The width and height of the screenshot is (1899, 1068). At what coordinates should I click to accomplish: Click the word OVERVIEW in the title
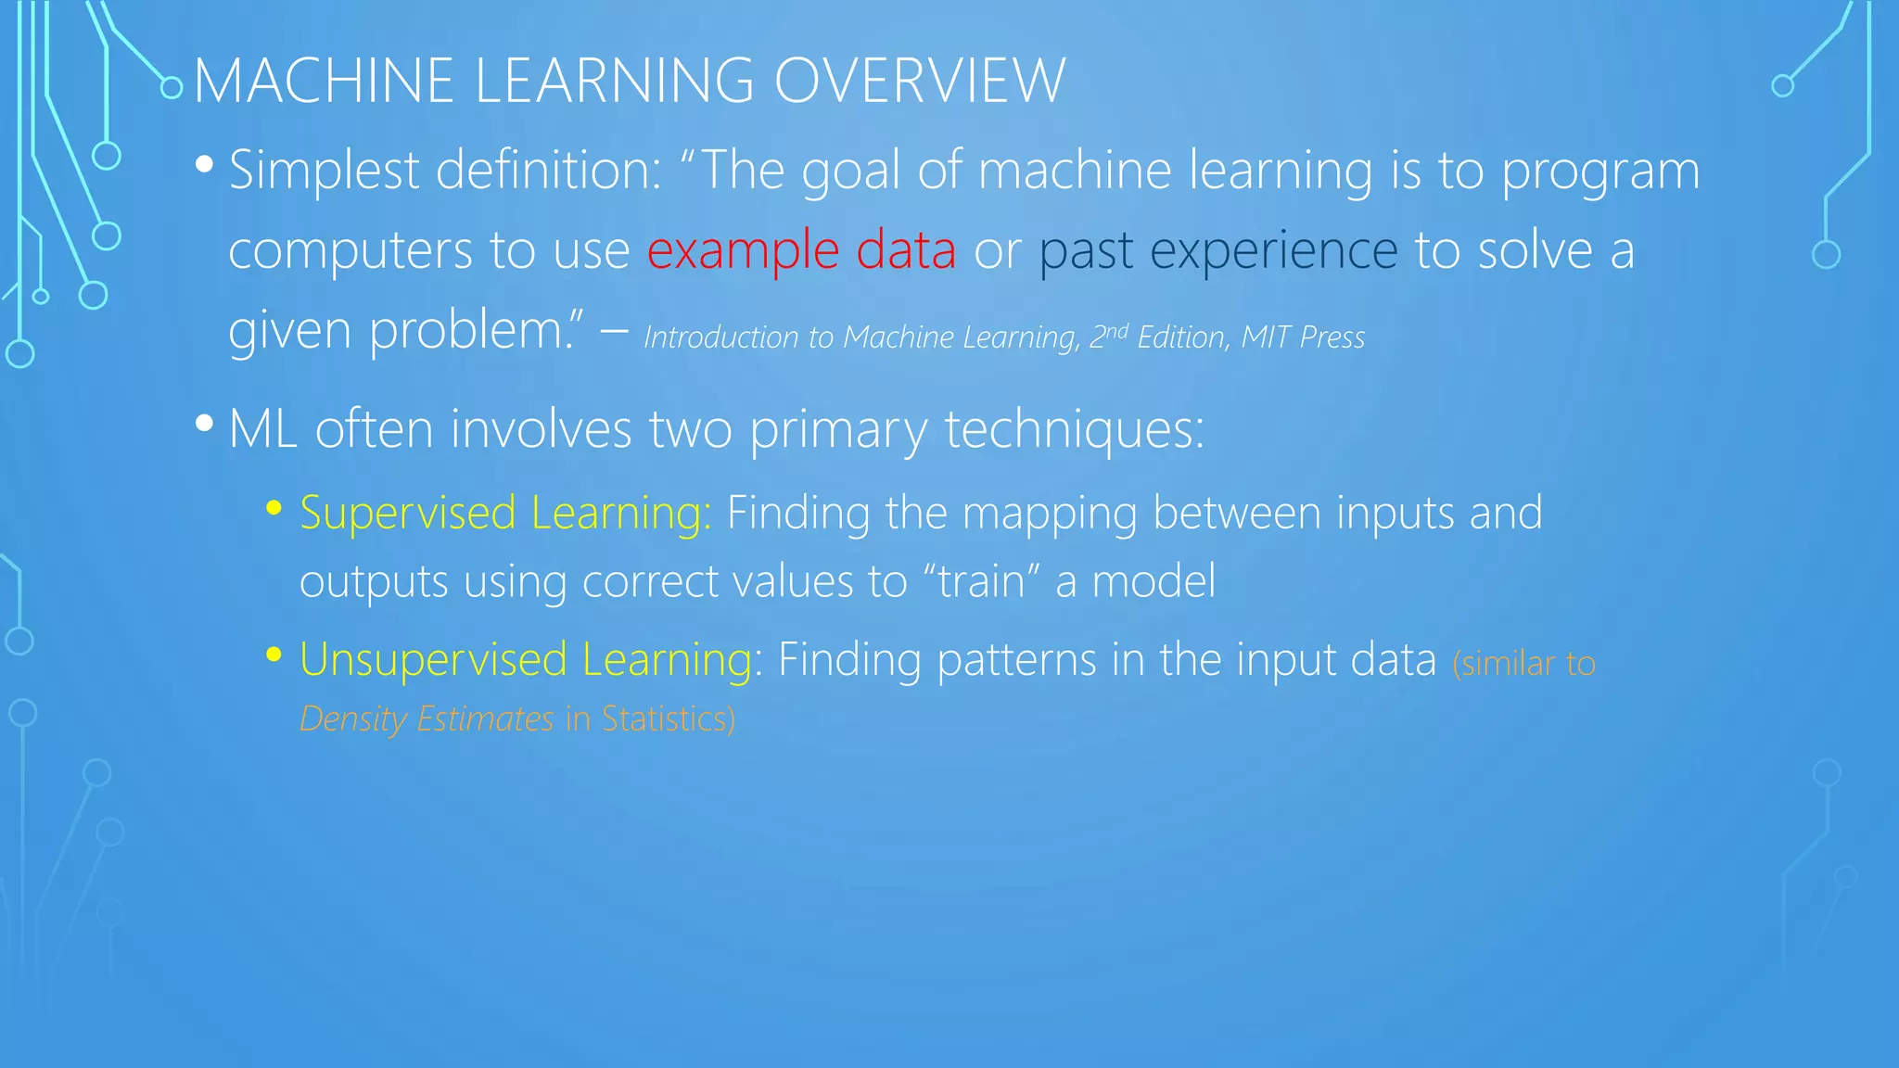pyautogui.click(x=919, y=81)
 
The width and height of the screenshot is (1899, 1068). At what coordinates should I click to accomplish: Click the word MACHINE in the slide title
pyautogui.click(x=324, y=81)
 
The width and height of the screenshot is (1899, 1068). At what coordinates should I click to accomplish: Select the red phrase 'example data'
pyautogui.click(x=801, y=250)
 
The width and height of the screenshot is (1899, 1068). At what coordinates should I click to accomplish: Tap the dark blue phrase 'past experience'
pyautogui.click(x=1217, y=250)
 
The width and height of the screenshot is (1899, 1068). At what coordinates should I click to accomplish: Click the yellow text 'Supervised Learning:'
pyautogui.click(x=505, y=513)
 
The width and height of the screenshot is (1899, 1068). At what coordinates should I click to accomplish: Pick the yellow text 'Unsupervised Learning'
pyautogui.click(x=526, y=659)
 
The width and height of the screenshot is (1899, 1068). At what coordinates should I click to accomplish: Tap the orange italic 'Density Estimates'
pyautogui.click(x=427, y=718)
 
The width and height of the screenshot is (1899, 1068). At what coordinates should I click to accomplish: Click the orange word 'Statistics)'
pyautogui.click(x=668, y=718)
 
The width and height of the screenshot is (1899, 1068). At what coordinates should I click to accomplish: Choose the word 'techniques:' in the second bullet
pyautogui.click(x=1074, y=429)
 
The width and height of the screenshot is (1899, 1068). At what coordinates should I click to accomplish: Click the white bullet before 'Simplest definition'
pyautogui.click(x=205, y=167)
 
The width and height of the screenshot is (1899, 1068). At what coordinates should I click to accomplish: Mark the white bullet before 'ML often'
pyautogui.click(x=205, y=425)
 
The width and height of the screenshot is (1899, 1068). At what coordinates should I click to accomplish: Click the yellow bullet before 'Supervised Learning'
pyautogui.click(x=274, y=508)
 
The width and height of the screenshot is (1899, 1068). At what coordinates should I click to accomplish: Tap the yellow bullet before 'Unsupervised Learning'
pyautogui.click(x=274, y=655)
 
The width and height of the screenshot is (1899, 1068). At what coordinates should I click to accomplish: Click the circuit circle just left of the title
pyautogui.click(x=172, y=88)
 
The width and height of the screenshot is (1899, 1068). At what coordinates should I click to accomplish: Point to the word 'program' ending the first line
pyautogui.click(x=1600, y=172)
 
